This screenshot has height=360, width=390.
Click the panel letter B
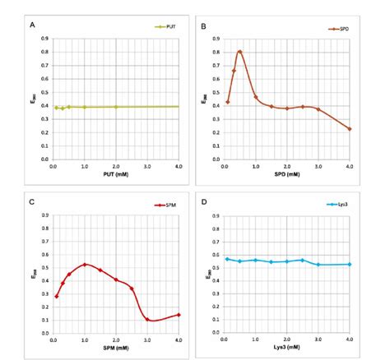pyautogui.click(x=203, y=26)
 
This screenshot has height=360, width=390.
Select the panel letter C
pyautogui.click(x=32, y=200)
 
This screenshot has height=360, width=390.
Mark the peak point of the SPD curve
pyautogui.click(x=239, y=52)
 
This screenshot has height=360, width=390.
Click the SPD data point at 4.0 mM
pyautogui.click(x=350, y=128)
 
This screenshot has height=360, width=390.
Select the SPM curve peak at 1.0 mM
pyautogui.click(x=85, y=264)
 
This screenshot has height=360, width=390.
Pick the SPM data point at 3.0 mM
pyautogui.click(x=147, y=319)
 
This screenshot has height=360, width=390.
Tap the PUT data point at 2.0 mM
pyautogui.click(x=116, y=107)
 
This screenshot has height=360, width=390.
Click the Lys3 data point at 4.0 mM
pyautogui.click(x=350, y=264)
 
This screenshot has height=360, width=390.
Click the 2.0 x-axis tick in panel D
pyautogui.click(x=287, y=339)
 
